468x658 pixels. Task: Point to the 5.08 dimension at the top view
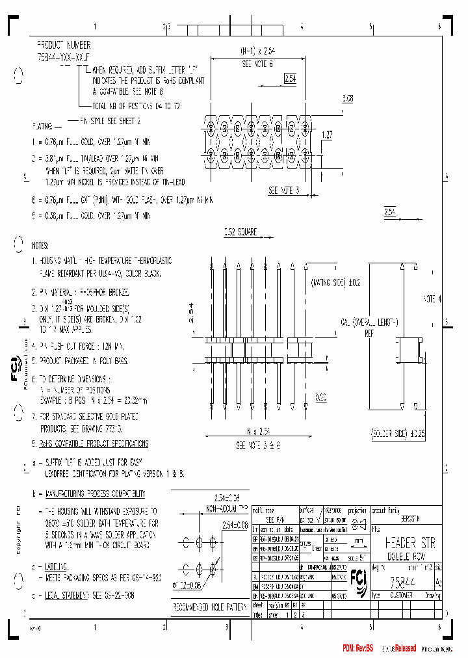click(x=348, y=99)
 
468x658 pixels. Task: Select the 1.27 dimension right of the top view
click(x=328, y=135)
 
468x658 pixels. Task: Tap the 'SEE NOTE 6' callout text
click(x=257, y=64)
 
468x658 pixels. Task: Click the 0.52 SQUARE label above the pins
click(x=240, y=231)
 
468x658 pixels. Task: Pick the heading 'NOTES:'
click(x=40, y=246)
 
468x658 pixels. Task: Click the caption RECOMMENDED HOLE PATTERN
click(x=209, y=606)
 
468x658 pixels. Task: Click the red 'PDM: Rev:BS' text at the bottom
click(x=358, y=649)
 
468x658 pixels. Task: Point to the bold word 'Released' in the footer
click(x=403, y=649)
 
